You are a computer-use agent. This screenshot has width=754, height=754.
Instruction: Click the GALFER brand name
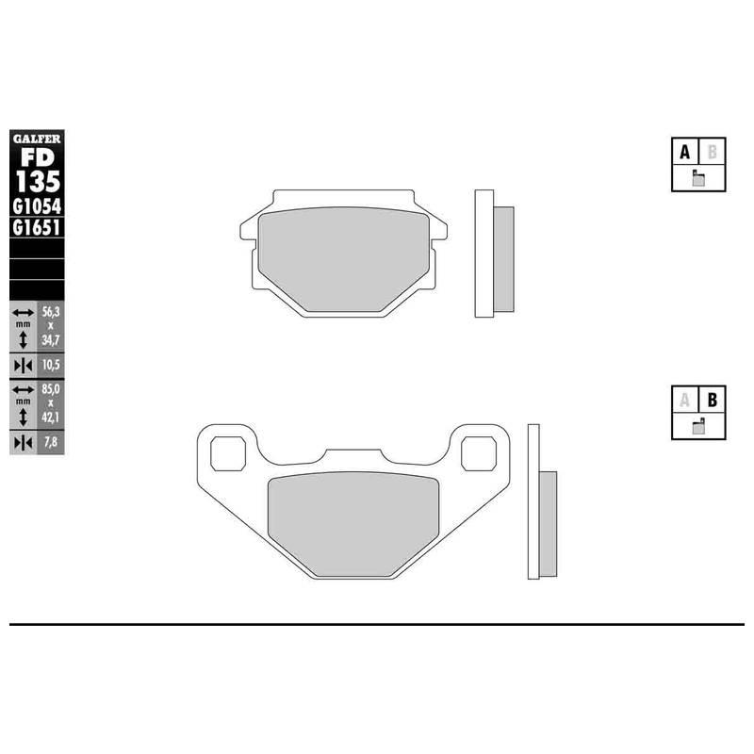click(37, 139)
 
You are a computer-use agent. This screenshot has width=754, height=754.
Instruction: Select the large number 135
click(38, 182)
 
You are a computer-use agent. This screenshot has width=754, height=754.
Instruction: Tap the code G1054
click(37, 206)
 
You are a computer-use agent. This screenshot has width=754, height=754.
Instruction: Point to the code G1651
click(37, 227)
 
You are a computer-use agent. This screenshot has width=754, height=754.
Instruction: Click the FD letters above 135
click(38, 156)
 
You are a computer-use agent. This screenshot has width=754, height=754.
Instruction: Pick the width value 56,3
click(51, 312)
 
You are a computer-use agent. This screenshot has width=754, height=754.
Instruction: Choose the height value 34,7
click(51, 340)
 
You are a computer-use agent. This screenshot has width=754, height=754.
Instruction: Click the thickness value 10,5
click(51, 365)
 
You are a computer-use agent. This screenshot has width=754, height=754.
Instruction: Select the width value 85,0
click(51, 388)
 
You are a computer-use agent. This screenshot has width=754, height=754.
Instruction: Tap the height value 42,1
click(51, 418)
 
